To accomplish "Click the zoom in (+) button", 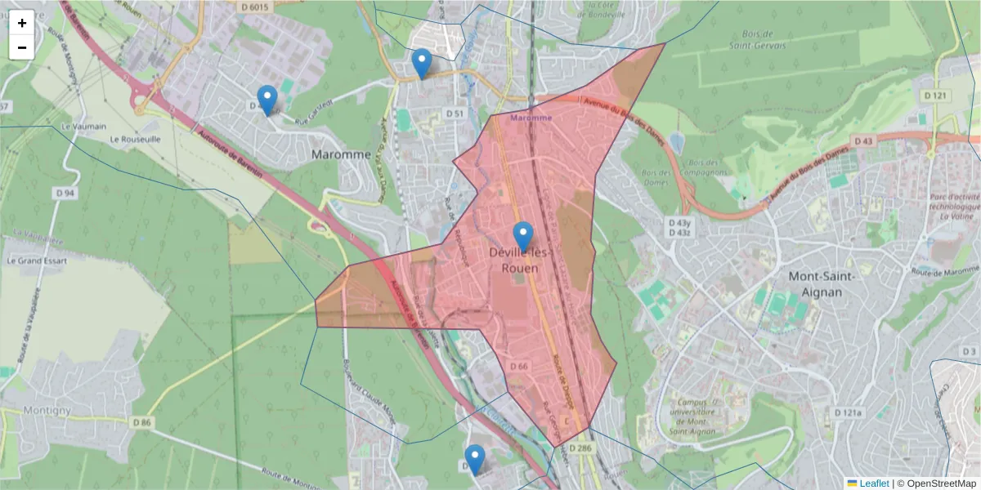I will [22, 23].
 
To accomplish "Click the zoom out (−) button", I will [22, 47].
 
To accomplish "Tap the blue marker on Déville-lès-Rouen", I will [522, 236].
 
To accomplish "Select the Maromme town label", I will [341, 154].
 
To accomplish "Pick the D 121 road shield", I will [938, 96].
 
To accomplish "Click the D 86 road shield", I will [142, 422].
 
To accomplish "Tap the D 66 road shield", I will [519, 367].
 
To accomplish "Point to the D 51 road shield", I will [455, 113].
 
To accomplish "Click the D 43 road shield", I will [864, 140].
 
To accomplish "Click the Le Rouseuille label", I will [136, 139].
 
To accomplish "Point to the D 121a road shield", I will [848, 413].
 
